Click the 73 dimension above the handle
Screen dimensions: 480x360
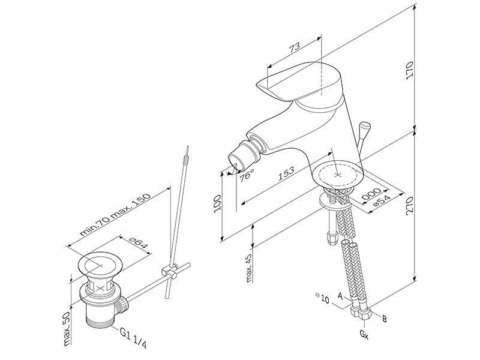pyautogui.click(x=295, y=48)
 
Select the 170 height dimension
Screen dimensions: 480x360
pyautogui.click(x=409, y=70)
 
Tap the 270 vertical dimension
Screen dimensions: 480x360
pyautogui.click(x=409, y=205)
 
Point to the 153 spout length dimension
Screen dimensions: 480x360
pyautogui.click(x=286, y=173)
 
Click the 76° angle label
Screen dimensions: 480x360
pyautogui.click(x=247, y=175)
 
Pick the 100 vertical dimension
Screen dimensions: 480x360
pyautogui.click(x=217, y=203)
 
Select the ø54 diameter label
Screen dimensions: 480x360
pyautogui.click(x=380, y=202)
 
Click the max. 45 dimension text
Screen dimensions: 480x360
pyautogui.click(x=250, y=268)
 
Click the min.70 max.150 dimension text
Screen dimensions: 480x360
pyautogui.click(x=115, y=214)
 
